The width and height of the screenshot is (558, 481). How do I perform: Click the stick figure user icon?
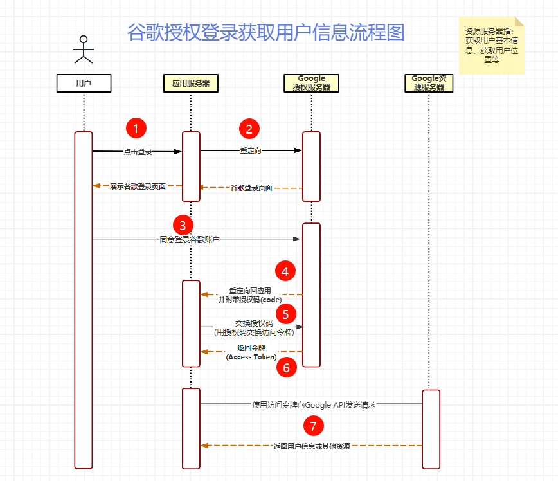click(x=84, y=49)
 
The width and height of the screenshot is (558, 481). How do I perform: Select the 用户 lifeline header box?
click(x=84, y=83)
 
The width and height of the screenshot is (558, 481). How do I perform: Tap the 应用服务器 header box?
click(x=191, y=83)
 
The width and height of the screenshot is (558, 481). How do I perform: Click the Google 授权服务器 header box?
click(x=312, y=83)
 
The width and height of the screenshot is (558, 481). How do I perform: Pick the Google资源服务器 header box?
click(x=428, y=83)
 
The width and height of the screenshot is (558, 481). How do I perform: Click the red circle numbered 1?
click(x=136, y=128)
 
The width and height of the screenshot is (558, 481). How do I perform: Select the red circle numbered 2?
click(x=249, y=128)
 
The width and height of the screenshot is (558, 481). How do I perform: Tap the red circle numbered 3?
click(x=183, y=225)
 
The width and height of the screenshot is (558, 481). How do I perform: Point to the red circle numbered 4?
click(x=285, y=270)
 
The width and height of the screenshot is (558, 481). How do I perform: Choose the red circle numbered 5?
click(x=286, y=314)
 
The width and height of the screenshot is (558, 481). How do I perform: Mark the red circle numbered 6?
click(x=287, y=367)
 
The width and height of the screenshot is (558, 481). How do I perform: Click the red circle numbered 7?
click(x=313, y=425)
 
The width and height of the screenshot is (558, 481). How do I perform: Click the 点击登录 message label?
click(x=138, y=152)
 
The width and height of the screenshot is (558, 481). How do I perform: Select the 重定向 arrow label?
click(x=251, y=151)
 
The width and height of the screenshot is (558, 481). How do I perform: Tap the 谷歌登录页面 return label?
click(x=251, y=188)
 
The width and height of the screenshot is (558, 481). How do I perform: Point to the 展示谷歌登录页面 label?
click(x=138, y=186)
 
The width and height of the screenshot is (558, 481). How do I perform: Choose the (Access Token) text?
click(x=251, y=357)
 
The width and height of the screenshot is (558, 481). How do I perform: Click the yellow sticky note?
click(x=491, y=45)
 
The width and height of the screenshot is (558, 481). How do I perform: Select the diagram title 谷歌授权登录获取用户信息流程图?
click(x=265, y=32)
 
